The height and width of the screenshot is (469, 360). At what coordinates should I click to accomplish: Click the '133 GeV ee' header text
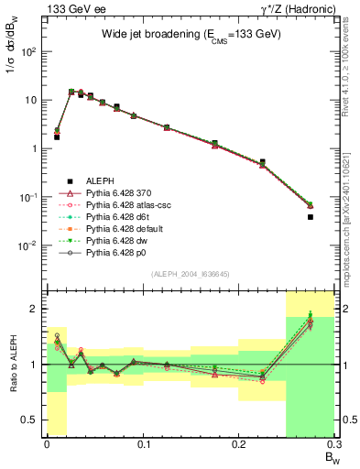(69, 8)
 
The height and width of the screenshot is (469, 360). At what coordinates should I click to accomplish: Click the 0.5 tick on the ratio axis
(37, 420)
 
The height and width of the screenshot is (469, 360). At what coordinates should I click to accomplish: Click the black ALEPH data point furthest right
(310, 217)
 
